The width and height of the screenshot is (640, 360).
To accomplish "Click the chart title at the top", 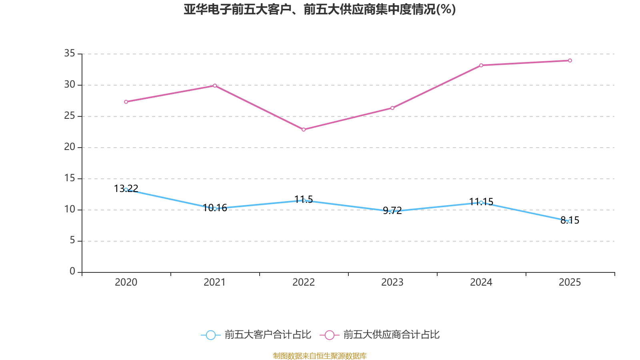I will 320,9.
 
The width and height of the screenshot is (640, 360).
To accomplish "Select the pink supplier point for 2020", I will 126,102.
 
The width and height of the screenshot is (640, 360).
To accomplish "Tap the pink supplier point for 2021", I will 215,86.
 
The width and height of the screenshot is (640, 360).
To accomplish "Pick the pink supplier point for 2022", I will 304,130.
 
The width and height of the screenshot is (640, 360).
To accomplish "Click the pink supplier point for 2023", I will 392,108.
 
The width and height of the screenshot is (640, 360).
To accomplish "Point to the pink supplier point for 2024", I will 481,65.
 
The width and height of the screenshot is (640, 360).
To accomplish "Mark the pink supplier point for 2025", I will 570,61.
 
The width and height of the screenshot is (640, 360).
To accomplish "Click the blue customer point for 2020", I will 126,190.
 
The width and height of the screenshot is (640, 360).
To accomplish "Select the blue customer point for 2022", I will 304,200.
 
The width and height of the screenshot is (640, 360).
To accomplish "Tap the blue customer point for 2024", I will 481,202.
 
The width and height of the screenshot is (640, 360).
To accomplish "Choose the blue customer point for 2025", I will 570,221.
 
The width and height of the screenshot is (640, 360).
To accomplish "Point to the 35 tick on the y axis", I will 70,53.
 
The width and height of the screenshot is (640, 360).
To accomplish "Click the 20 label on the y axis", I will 70,147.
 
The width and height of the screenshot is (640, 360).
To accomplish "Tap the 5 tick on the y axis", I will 72,240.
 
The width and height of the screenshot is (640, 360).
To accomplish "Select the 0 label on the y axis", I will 72,272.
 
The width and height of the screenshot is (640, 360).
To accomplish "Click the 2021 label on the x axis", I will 215,282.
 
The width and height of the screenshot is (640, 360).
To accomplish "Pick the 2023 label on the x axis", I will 392,282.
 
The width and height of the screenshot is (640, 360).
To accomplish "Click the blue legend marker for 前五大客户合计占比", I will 210,335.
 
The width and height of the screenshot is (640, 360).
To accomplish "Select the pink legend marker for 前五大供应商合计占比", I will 329,335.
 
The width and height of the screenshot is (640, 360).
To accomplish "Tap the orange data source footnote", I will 320,356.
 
